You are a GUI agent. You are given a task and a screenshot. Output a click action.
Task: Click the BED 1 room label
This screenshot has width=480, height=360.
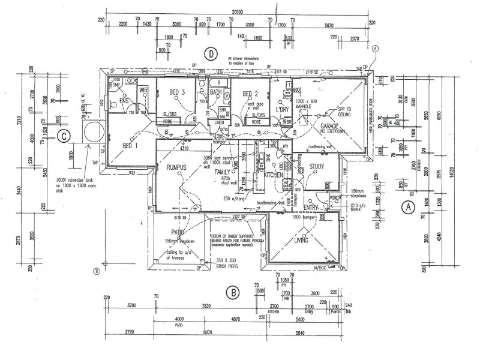pos(130,146)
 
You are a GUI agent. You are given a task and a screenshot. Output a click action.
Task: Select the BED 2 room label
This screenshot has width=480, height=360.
pos(250,94)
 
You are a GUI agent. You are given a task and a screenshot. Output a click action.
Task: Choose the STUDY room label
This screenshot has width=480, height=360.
pos(317,167)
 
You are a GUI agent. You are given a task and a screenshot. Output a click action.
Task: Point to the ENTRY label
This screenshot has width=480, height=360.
pos(312,208)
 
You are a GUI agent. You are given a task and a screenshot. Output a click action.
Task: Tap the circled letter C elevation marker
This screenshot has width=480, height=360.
pos(64,136)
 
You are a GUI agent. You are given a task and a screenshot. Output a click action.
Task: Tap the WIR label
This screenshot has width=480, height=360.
pos(143,91)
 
